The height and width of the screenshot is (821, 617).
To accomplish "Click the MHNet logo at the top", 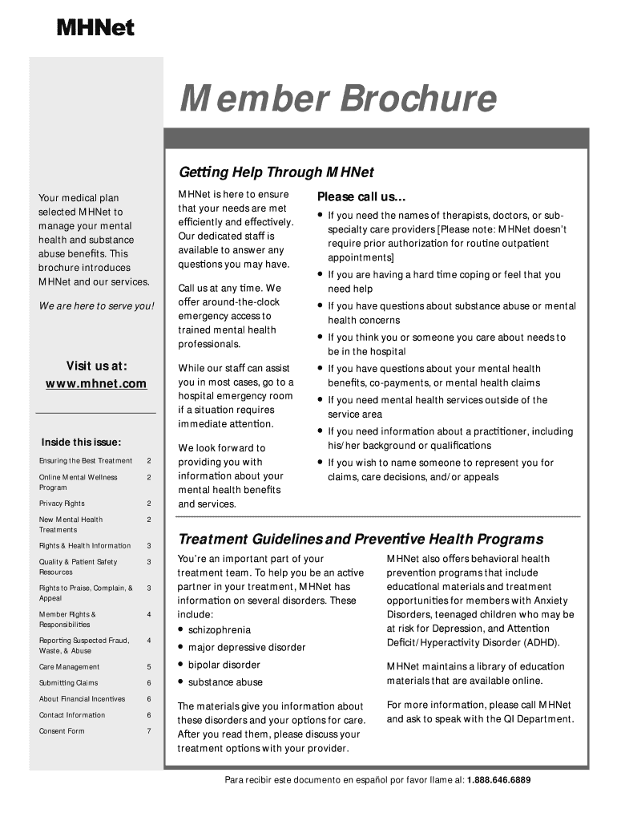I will [x=95, y=29].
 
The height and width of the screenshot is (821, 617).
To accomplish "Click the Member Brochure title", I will [x=337, y=99].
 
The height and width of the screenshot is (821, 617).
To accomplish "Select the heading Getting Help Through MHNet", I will [x=276, y=172].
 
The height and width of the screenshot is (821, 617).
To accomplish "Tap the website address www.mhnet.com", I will [x=96, y=384].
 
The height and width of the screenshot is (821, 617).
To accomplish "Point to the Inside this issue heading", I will [x=81, y=442].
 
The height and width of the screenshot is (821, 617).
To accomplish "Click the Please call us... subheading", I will [x=362, y=197].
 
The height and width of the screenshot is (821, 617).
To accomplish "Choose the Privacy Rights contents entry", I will [x=62, y=504].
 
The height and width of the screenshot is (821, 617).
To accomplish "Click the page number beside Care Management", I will [x=149, y=667].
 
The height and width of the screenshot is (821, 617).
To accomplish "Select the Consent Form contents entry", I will [x=62, y=731].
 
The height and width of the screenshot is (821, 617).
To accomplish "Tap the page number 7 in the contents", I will [x=149, y=731].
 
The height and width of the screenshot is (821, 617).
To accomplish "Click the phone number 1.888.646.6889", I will [x=498, y=780].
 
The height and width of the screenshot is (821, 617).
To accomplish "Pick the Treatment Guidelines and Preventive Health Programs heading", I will [x=361, y=539].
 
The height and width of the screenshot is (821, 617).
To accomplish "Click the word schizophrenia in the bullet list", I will [x=220, y=630].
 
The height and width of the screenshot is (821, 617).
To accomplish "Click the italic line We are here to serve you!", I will [x=96, y=306].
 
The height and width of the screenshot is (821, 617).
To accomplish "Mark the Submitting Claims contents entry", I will [x=68, y=683].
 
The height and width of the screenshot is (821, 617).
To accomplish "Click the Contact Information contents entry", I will [x=72, y=715].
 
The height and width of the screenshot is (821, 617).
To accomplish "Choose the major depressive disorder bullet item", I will [x=247, y=647].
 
